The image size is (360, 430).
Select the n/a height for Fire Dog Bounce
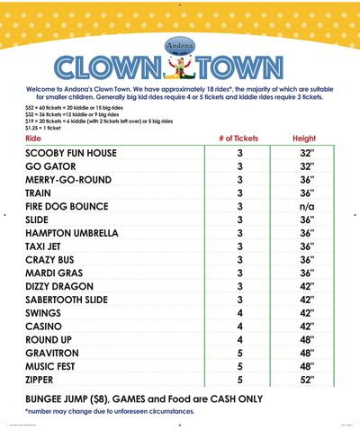[x=306, y=206]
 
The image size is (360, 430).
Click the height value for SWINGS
[x=306, y=313]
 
